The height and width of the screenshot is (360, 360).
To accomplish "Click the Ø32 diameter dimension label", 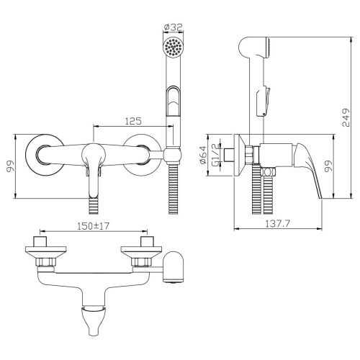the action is click(x=174, y=27).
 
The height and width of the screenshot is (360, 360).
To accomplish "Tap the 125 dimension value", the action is click(x=134, y=121).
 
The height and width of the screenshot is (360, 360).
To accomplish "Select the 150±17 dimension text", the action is click(x=93, y=226).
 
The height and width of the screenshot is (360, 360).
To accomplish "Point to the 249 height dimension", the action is click(x=346, y=117).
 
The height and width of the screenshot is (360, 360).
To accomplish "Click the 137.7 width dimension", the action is click(x=277, y=224).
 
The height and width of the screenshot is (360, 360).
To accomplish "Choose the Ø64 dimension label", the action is click(x=203, y=155).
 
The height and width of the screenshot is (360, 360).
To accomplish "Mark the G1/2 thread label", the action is click(x=216, y=155).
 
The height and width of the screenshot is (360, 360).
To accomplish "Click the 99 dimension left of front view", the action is click(x=10, y=166).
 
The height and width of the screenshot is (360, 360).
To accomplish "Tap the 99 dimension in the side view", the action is click(x=328, y=166).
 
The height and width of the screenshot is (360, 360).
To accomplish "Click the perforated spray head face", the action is click(x=174, y=48).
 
